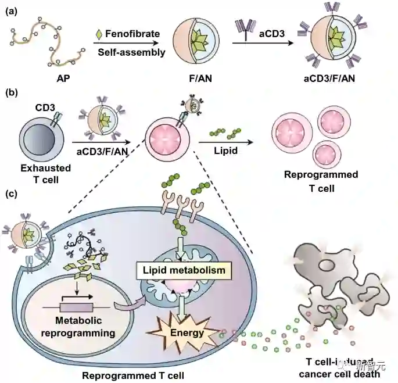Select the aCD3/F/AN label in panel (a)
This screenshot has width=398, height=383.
pos(331,78)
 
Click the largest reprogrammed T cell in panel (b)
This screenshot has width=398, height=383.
pos(297,127)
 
